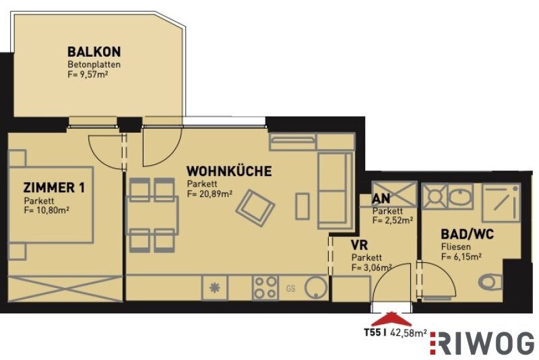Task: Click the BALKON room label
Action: (94, 52)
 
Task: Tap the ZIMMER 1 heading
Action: (54, 187)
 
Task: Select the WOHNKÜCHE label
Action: (229, 171)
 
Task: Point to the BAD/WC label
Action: (467, 235)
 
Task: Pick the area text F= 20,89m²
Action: (210, 194)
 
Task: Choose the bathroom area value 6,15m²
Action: (466, 256)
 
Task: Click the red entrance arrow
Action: (391, 319)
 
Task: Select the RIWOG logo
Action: (482, 343)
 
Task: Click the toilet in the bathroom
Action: (490, 282)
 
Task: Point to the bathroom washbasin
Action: (461, 196)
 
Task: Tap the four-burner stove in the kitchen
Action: (265, 287)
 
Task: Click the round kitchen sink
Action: (316, 287)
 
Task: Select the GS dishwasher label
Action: (291, 289)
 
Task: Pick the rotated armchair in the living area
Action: (255, 208)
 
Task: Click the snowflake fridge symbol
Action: (215, 288)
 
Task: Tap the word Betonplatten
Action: (94, 65)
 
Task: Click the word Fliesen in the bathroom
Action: (456, 247)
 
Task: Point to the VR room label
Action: (359, 245)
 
